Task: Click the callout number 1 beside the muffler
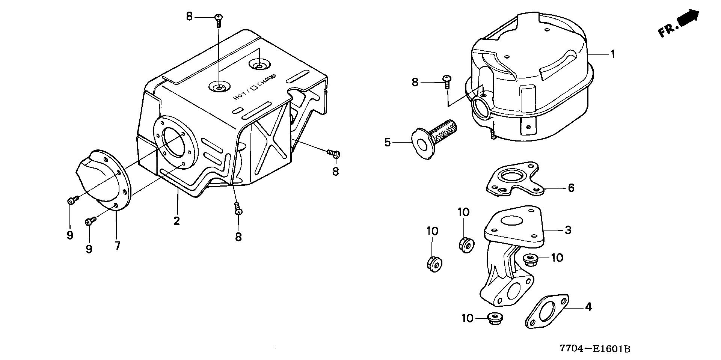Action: [x=612, y=54]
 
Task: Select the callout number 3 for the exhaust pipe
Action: [x=568, y=230]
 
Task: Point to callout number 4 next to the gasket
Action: [x=588, y=307]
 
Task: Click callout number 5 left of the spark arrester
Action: [x=388, y=142]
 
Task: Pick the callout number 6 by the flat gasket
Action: [x=571, y=188]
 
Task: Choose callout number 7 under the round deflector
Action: [x=118, y=246]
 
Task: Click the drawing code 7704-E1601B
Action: [x=595, y=349]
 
